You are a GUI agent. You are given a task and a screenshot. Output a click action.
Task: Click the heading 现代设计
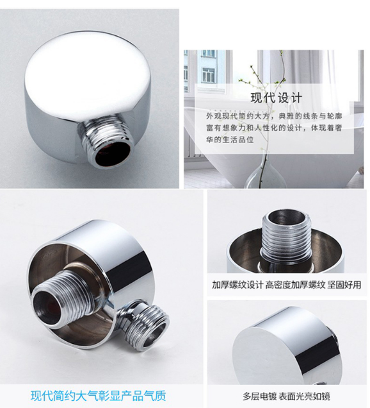[x=277, y=98]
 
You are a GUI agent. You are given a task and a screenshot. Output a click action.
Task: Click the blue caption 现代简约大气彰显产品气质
[x=99, y=396]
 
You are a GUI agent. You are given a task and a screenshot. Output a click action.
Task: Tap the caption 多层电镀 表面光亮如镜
[x=286, y=396]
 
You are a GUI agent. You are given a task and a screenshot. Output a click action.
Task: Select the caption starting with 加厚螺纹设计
[x=286, y=285]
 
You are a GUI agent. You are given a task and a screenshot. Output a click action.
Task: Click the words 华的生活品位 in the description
[x=230, y=140]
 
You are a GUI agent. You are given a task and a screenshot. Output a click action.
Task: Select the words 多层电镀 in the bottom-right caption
[x=259, y=396]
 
